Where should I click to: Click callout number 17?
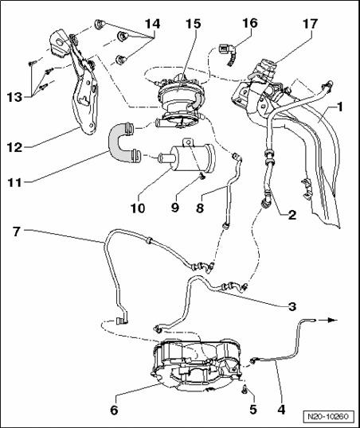tap(310, 24)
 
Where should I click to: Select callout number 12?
tap(15, 147)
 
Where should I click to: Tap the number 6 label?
tap(114, 410)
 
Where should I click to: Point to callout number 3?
tap(292, 306)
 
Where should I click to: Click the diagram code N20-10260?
tap(328, 417)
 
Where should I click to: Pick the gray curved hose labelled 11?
tap(118, 142)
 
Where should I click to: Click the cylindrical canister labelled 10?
tap(191, 158)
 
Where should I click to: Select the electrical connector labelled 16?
tap(227, 55)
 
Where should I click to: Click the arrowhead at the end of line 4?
tap(335, 320)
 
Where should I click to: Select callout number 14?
tap(152, 24)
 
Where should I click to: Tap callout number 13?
tap(14, 96)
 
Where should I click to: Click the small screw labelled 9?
tap(202, 177)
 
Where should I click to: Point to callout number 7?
tap(16, 232)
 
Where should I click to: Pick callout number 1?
tap(339, 107)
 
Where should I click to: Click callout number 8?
tap(200, 208)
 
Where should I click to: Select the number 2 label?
tap(292, 215)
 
